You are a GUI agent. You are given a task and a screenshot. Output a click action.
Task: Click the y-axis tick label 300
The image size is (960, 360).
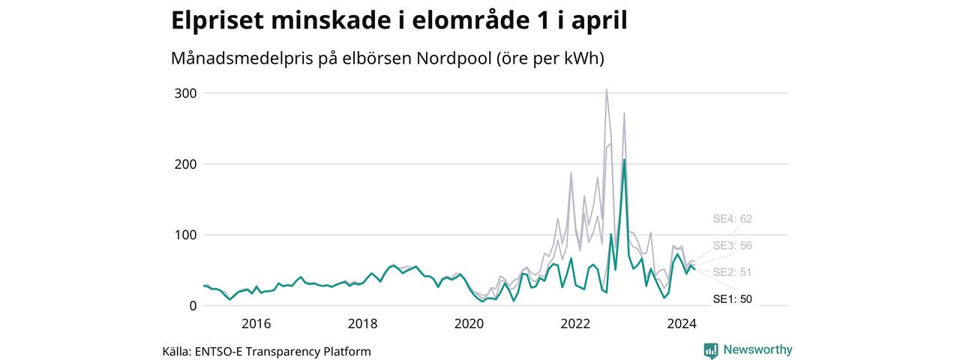pos(185,94)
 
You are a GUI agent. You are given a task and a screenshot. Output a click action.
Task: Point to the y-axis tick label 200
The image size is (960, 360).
pos(185,164)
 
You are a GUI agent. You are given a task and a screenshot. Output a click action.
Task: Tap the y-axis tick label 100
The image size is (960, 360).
pos(185,235)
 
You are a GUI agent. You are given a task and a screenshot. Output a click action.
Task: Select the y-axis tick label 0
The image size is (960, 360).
pos(193,305)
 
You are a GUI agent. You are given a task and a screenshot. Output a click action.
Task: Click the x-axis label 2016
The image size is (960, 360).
pos(256,323)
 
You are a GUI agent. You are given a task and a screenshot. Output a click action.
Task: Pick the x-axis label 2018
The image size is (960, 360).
pos(362,323)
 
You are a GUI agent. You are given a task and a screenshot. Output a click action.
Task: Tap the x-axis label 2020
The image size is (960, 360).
pos(469,323)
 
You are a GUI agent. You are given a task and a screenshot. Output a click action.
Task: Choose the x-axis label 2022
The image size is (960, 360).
pos(575,323)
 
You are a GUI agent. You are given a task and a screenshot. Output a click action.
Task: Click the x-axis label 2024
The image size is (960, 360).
pos(682,323)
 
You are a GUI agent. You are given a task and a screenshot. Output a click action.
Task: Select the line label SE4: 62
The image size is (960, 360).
pos(733,219)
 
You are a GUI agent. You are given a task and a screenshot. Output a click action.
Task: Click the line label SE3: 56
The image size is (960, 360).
pos(733,245)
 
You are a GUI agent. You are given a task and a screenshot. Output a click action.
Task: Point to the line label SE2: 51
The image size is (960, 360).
pos(733,272)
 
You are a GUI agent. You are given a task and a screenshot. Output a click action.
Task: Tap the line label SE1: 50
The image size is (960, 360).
pos(733,299)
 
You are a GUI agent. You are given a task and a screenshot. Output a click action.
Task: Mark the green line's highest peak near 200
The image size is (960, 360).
pos(625,159)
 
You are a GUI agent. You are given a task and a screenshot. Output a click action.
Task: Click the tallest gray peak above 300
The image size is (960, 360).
pos(607,89)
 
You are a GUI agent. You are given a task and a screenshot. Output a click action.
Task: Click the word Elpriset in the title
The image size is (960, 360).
pos(217,20)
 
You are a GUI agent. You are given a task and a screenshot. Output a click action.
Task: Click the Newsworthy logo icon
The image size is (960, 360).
pos(711,350)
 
